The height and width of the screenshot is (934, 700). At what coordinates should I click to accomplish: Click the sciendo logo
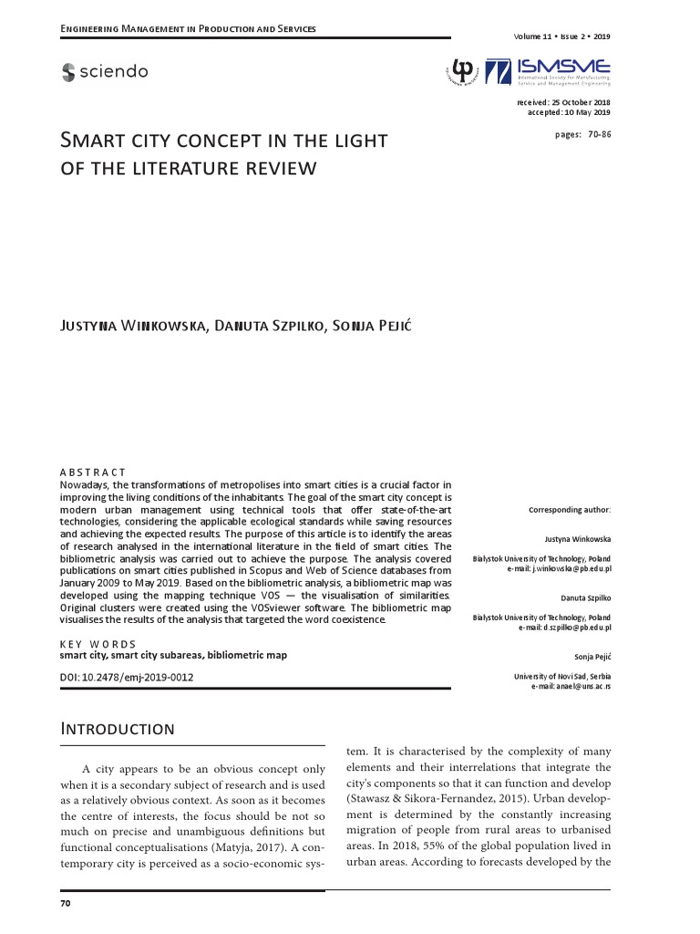(x=104, y=71)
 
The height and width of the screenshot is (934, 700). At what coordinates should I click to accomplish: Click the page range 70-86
(x=599, y=135)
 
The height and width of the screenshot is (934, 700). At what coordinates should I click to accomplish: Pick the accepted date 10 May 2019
(x=582, y=112)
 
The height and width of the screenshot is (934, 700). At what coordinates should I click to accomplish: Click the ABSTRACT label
(x=92, y=472)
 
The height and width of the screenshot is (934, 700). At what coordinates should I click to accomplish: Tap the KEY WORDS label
(x=96, y=642)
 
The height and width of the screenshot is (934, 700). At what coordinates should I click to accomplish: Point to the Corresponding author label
(x=570, y=508)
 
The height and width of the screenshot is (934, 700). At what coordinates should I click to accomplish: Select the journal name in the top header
(x=188, y=28)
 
